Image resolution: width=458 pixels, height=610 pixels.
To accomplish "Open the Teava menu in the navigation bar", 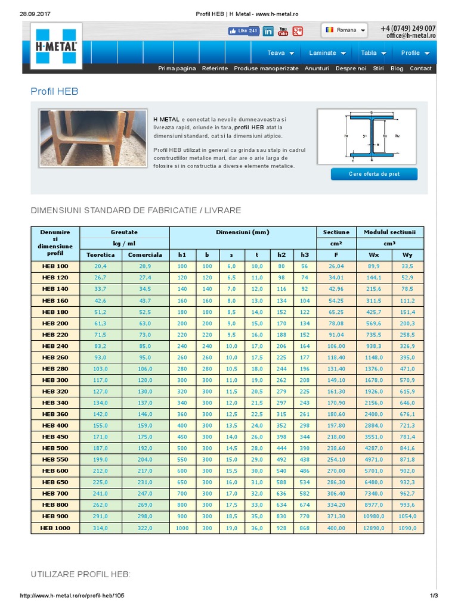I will click(x=279, y=53).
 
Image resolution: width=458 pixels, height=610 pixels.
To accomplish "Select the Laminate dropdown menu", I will click(x=327, y=53).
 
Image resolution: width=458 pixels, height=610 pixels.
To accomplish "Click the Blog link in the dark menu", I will click(x=397, y=69).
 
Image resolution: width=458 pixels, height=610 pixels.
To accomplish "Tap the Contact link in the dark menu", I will click(x=420, y=69).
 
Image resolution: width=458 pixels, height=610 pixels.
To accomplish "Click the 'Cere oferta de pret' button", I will click(x=374, y=174).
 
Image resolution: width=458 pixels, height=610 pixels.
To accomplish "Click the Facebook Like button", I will click(x=243, y=31).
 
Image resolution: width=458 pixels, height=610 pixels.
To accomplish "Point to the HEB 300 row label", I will click(x=55, y=380).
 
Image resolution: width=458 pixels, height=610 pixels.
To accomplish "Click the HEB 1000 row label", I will click(x=55, y=528).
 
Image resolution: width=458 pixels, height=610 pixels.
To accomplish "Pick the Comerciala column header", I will click(x=146, y=255).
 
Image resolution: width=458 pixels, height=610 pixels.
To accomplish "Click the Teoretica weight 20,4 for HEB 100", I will click(x=100, y=266).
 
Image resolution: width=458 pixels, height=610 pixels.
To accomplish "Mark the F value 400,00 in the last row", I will click(x=336, y=528).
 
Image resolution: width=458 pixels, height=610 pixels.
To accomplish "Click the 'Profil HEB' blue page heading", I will click(x=54, y=91).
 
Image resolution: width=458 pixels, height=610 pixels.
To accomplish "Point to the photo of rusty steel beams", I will click(x=93, y=138).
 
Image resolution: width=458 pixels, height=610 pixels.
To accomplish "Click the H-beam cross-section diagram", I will click(x=372, y=136).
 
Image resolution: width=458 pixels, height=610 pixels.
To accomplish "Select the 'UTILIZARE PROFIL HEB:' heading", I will click(x=81, y=574).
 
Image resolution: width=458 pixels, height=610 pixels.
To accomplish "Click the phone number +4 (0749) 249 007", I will click(x=408, y=28).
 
